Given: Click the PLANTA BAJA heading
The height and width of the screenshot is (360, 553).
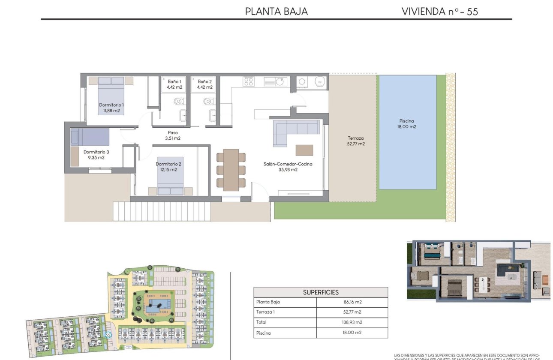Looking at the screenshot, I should (276, 11).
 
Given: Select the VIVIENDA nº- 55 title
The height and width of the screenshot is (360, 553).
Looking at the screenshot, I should (439, 11).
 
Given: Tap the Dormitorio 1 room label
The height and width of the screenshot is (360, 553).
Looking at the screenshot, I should (111, 108).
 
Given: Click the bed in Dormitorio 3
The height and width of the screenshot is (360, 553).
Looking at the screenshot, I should (90, 137).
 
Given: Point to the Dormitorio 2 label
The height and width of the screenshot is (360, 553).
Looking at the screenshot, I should (166, 166).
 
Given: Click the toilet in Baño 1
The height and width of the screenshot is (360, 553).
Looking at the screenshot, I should (179, 102).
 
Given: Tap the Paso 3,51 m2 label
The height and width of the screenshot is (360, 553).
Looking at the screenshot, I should (172, 135).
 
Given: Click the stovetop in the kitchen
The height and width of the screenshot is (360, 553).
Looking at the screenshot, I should (248, 81).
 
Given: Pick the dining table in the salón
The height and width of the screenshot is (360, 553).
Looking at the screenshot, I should (231, 169).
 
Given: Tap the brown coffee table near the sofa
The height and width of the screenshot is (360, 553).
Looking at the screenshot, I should (304, 150).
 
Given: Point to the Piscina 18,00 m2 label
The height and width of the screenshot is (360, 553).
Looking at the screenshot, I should (407, 124).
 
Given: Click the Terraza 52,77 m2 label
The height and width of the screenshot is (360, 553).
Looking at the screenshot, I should (356, 141).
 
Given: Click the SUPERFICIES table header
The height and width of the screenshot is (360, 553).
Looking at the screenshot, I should (321, 292).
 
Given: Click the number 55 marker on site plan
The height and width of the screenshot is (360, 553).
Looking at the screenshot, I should (108, 335).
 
